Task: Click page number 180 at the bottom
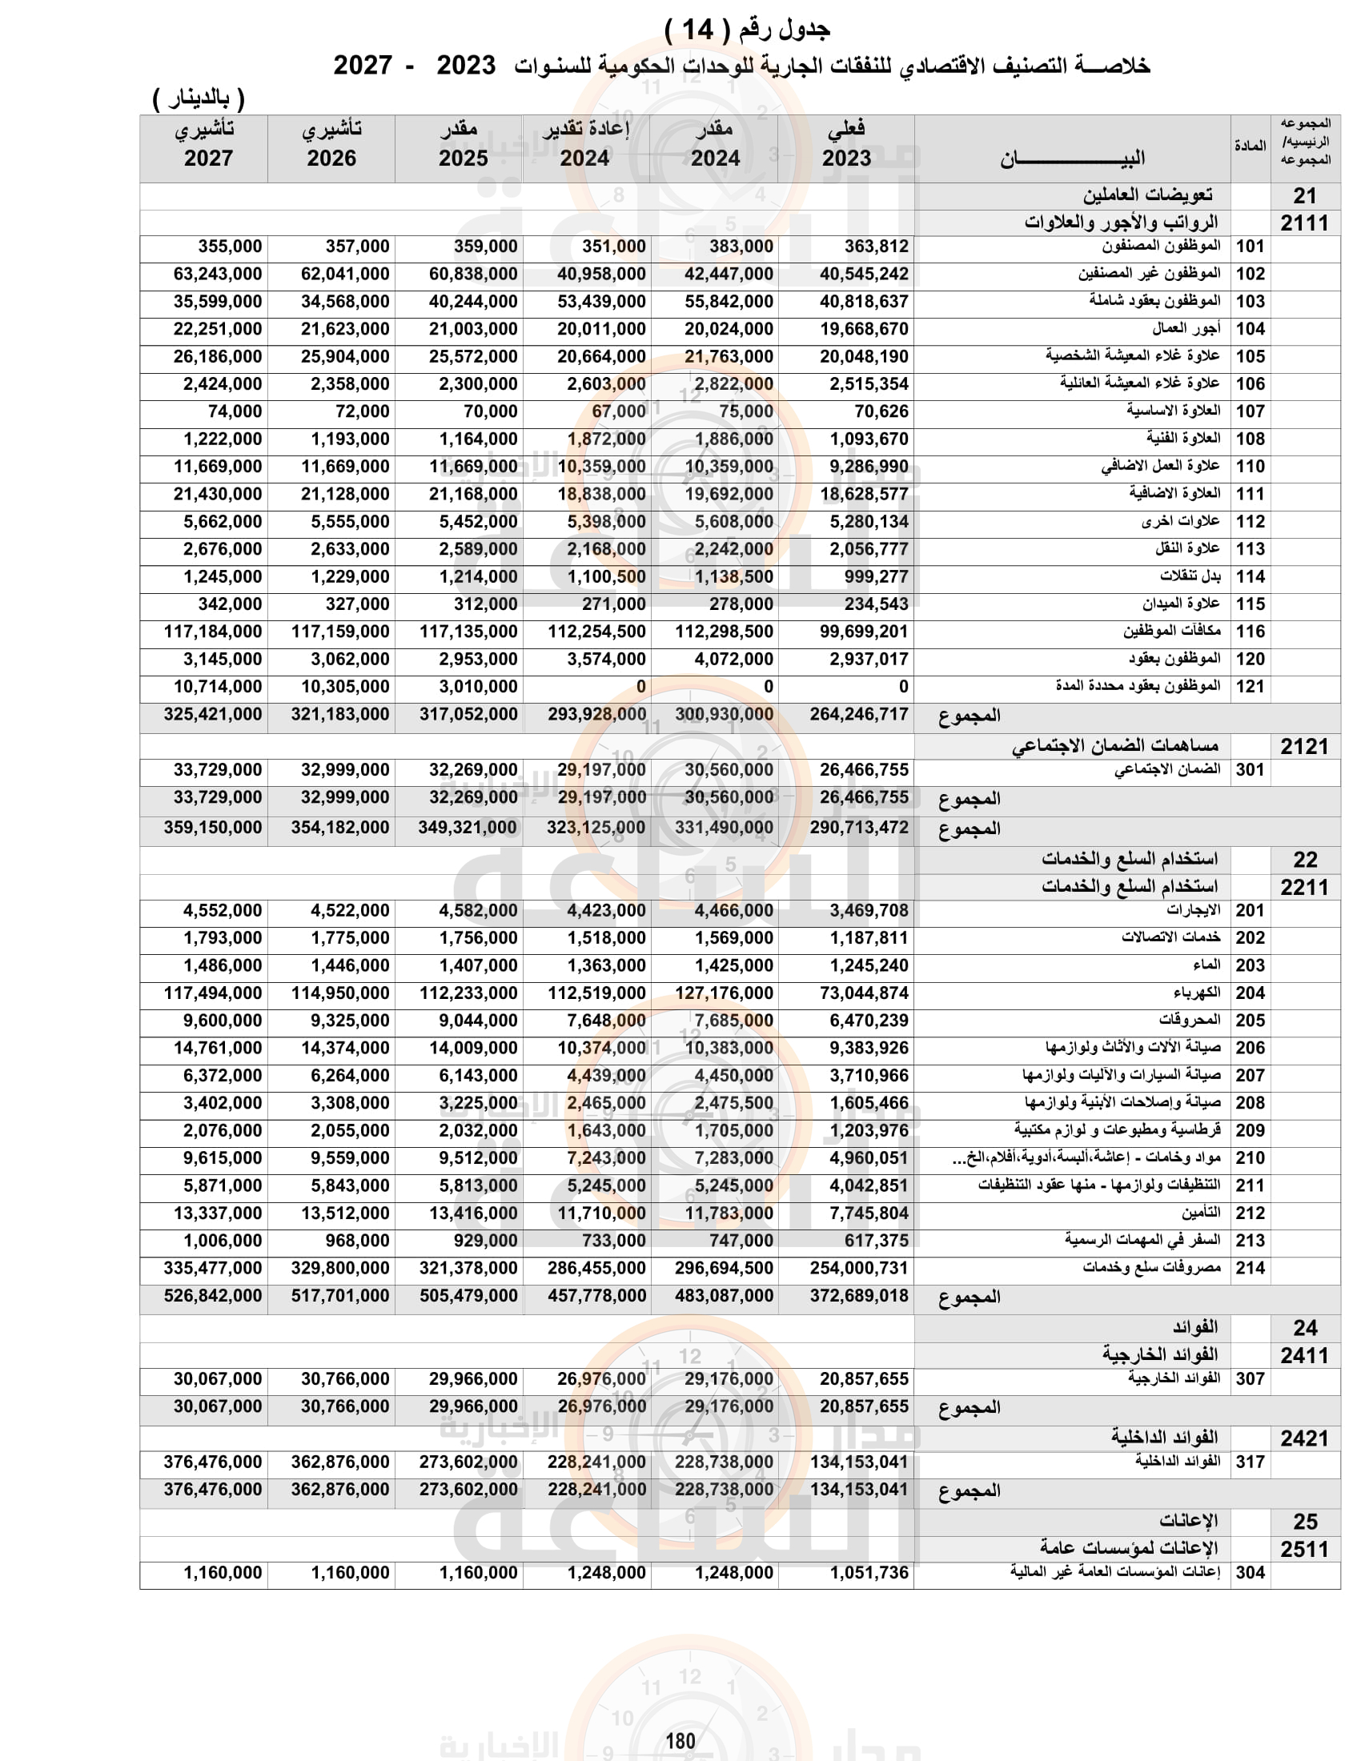point(680,1740)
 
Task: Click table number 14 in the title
point(698,30)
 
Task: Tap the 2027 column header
point(207,145)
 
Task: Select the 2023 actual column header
point(845,145)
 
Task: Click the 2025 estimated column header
point(463,145)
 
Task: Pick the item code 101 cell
point(1250,247)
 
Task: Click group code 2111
point(1303,223)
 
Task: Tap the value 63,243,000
point(218,274)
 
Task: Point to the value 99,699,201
point(864,632)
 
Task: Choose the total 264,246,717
point(859,714)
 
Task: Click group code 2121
point(1303,747)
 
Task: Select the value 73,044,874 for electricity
point(864,993)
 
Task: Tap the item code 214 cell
point(1250,1269)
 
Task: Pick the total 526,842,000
point(212,1296)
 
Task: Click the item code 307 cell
point(1250,1379)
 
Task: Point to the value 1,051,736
point(869,1572)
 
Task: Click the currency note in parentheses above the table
point(199,99)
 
